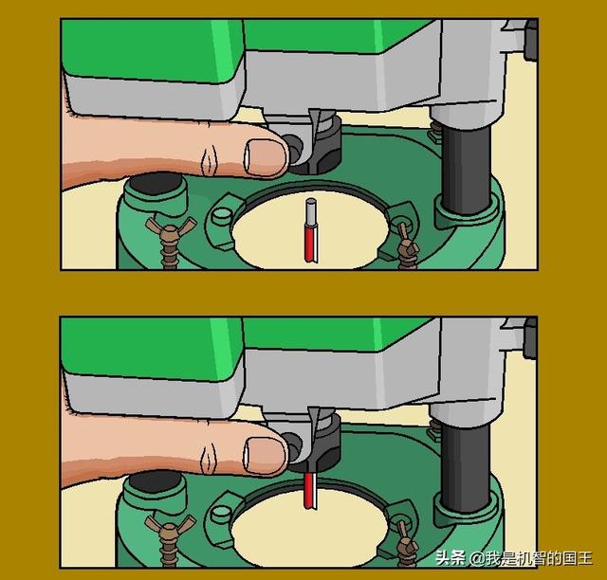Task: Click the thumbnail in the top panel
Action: coord(266,157)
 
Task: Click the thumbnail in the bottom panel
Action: coord(266,455)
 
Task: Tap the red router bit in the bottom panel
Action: coord(311,489)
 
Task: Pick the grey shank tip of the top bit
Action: coord(311,212)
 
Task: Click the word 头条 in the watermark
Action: coord(451,558)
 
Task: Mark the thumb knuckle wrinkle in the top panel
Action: coord(210,159)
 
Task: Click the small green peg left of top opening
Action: coord(222,214)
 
